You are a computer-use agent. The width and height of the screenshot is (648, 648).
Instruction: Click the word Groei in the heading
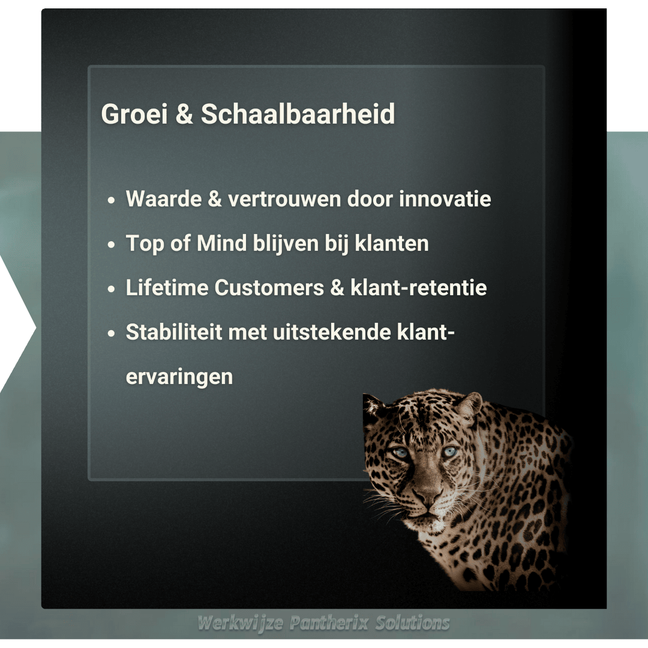pyautogui.click(x=134, y=114)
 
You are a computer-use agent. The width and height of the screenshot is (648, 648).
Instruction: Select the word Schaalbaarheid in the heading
pyautogui.click(x=298, y=114)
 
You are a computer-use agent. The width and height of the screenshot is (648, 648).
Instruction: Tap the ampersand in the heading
pyautogui.click(x=184, y=114)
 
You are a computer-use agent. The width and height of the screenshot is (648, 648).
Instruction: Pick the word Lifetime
pyautogui.click(x=166, y=288)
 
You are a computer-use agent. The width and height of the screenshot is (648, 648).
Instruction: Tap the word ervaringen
pyautogui.click(x=179, y=377)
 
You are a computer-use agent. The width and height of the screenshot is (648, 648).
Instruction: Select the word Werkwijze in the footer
pyautogui.click(x=240, y=623)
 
